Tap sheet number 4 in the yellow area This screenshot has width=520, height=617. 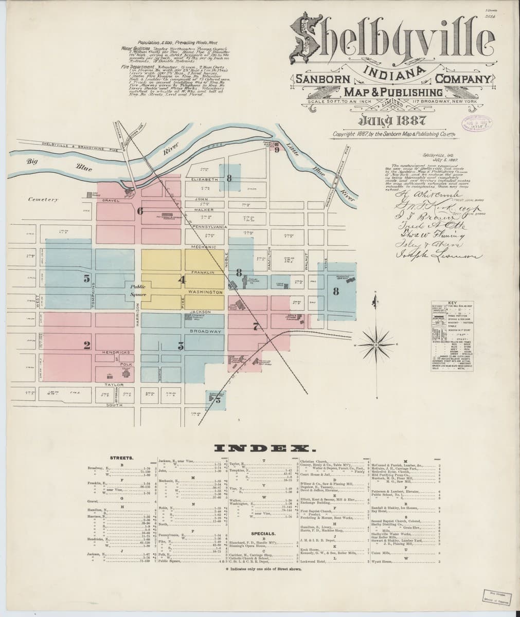[x=181, y=280]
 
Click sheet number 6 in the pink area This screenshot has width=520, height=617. [x=139, y=210]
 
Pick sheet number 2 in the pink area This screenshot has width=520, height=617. [x=87, y=344]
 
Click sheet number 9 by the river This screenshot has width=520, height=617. [x=277, y=150]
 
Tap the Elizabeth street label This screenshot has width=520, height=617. [x=206, y=179]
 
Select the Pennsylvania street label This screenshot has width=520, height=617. [x=207, y=227]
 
